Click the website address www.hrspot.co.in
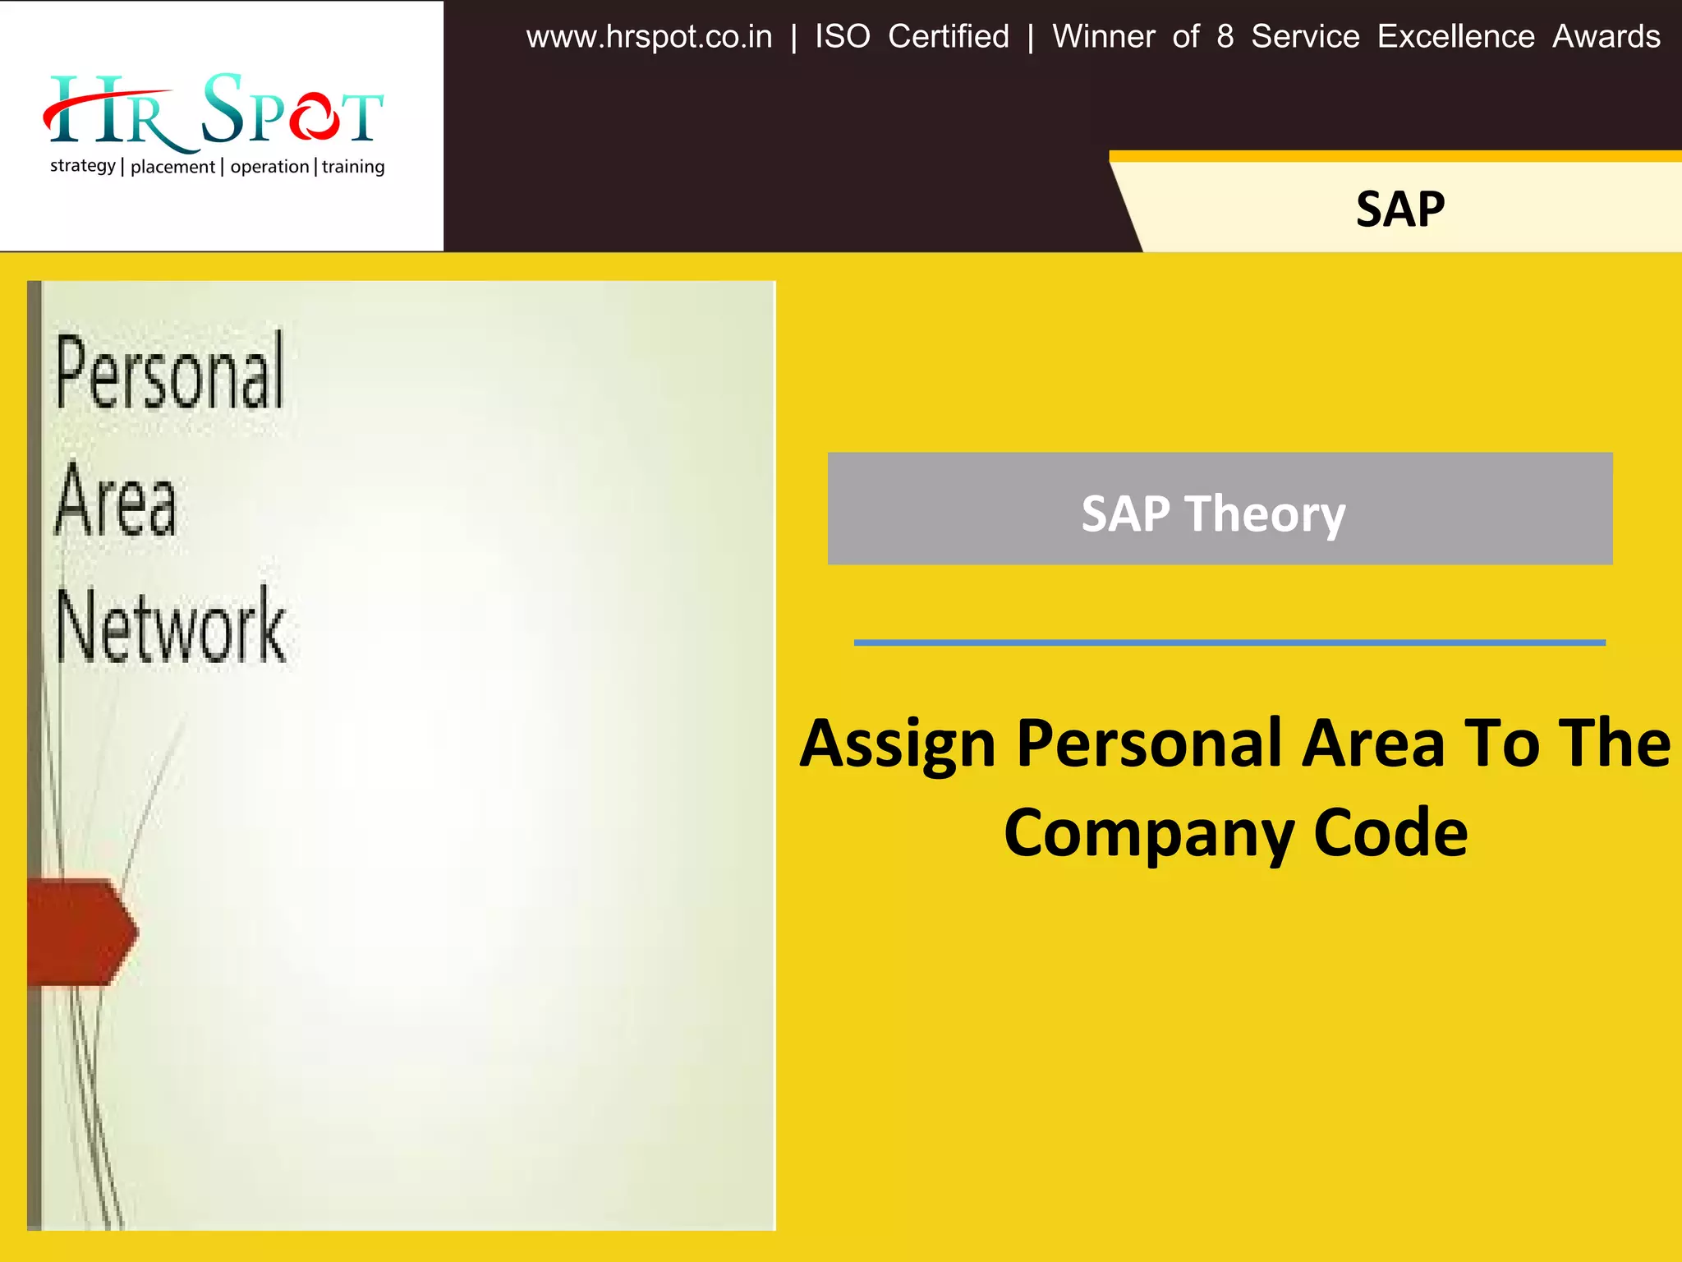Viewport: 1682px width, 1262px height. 649,38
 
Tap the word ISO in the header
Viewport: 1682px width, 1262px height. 842,37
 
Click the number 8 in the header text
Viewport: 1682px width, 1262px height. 1225,37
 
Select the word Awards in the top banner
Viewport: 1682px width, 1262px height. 1606,37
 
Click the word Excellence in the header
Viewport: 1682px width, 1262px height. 1455,37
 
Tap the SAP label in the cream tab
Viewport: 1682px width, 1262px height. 1399,209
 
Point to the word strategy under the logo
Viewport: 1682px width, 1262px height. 82,166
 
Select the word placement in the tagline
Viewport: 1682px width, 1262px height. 172,167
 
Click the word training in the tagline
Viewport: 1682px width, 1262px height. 352,167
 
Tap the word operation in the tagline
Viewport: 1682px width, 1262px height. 269,167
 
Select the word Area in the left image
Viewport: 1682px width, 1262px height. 116,500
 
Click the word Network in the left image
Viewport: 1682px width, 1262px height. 171,627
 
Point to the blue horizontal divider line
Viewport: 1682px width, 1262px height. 1229,643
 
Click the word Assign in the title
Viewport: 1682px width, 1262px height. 897,744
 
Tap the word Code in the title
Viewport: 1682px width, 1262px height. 1390,833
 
